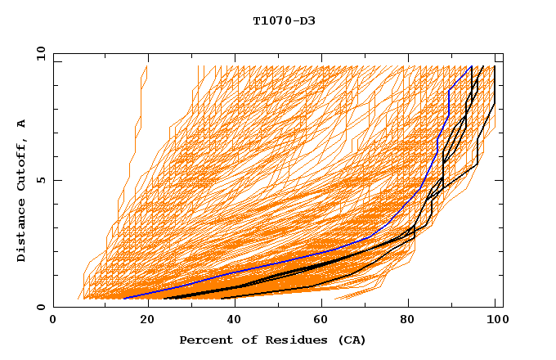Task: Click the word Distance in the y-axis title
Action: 22,234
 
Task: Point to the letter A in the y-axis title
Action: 22,124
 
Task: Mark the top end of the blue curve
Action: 472,66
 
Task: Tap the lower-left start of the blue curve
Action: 124,298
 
